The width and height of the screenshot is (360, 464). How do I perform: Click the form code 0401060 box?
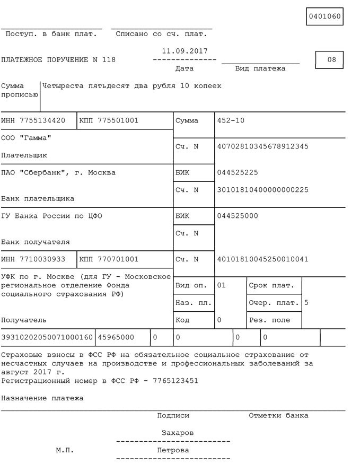click(x=324, y=16)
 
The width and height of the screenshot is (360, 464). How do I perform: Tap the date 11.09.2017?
click(x=185, y=51)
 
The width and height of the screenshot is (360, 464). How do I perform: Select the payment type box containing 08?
click(x=329, y=60)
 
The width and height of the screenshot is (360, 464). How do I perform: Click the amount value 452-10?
click(x=231, y=120)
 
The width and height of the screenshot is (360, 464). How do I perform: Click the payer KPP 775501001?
click(x=117, y=120)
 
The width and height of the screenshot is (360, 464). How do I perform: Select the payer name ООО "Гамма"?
click(x=27, y=138)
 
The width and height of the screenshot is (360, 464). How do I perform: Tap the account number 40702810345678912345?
click(x=262, y=146)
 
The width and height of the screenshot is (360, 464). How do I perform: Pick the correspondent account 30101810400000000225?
click(x=262, y=190)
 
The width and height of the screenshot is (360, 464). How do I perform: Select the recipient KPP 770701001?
click(x=117, y=259)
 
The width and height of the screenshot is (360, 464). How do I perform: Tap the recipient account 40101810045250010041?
click(x=262, y=259)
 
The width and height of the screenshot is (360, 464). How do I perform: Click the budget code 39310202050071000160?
click(x=47, y=337)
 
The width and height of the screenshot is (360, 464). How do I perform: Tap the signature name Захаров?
click(x=178, y=433)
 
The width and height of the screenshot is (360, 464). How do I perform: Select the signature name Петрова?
click(x=173, y=450)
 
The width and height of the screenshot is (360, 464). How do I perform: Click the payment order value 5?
click(x=306, y=303)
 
